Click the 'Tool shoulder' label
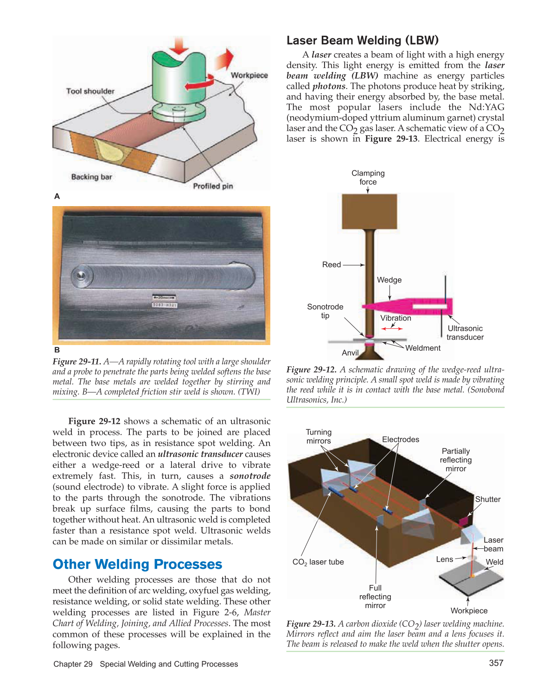90,91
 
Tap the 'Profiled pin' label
213,186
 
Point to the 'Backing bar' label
91,177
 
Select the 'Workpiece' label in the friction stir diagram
249,75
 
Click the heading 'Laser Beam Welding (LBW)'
362,40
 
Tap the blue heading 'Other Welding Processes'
137,564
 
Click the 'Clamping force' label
368,177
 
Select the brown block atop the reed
369,211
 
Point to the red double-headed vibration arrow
392,328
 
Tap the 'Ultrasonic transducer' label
465,333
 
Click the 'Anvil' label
350,353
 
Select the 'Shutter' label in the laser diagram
487,499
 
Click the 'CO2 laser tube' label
318,562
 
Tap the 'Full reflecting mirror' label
375,597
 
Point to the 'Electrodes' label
400,440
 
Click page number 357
496,663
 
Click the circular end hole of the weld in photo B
81,276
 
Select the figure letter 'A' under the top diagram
57,196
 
